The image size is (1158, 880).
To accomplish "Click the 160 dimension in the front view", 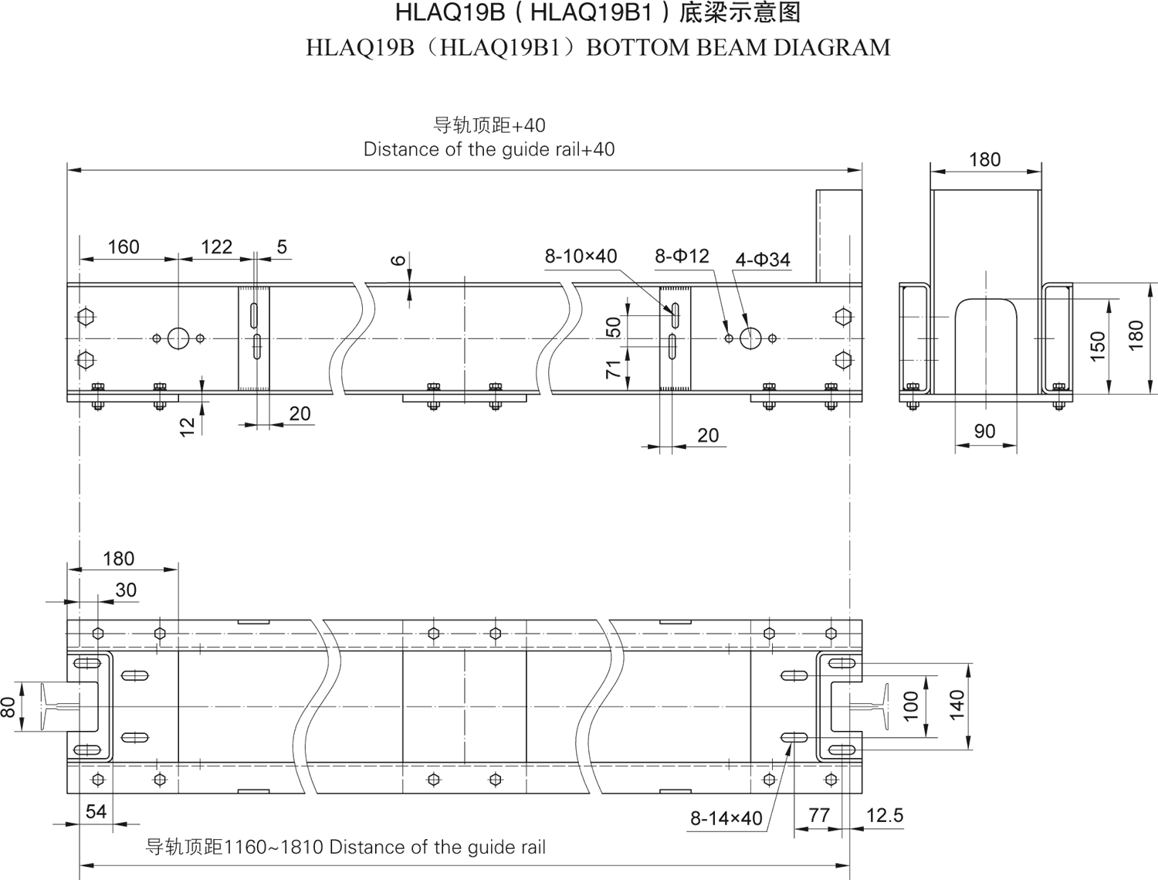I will point(124,247).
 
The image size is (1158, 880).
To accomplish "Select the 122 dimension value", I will point(216,247).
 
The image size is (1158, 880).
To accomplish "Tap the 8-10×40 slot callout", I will point(581,257).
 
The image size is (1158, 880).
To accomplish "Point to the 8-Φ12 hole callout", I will point(682,256).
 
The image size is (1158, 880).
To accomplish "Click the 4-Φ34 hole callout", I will point(763,260).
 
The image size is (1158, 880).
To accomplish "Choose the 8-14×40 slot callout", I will point(726,818).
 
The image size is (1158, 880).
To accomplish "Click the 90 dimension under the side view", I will point(984,431).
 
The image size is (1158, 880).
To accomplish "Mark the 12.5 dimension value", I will point(884,816).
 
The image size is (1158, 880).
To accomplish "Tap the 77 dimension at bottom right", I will point(818,815).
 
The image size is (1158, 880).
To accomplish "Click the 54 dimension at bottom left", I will point(96,811).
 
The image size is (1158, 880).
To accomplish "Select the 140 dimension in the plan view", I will point(957,705).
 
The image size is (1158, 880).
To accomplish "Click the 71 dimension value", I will point(614,369).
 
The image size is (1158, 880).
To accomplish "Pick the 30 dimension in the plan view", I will point(126,590).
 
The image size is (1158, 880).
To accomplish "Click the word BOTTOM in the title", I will point(636,48).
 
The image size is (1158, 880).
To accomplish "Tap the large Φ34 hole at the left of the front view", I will point(178,338).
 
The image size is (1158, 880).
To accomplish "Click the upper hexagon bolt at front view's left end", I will point(86,317).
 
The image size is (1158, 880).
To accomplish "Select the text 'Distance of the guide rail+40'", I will point(489,149).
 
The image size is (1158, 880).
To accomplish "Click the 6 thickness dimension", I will point(398,261).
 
